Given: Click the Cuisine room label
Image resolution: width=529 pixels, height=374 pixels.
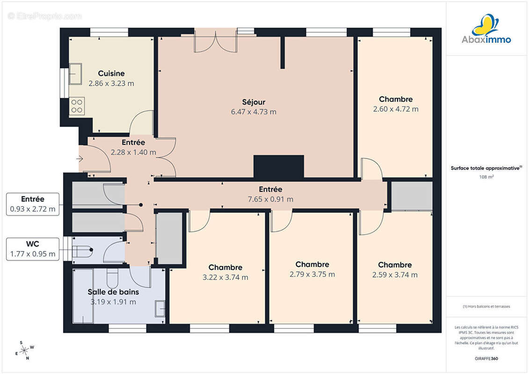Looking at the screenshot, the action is click(x=111, y=73).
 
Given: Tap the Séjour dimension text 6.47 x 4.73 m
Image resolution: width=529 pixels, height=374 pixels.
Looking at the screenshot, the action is click(x=254, y=112).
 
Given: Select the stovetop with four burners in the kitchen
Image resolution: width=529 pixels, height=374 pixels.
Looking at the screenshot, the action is click(x=77, y=106).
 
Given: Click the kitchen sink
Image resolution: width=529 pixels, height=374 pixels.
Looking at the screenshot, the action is click(x=76, y=73).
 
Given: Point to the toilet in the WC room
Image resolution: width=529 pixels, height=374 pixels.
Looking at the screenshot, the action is click(x=83, y=251).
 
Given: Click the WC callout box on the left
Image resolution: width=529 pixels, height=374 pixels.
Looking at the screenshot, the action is click(x=33, y=249).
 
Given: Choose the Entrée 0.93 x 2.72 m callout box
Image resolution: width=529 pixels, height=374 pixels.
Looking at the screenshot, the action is click(x=33, y=204).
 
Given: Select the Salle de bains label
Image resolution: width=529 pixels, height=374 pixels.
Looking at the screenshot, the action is click(x=113, y=292).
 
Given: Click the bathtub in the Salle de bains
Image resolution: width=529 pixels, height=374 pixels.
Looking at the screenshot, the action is click(x=83, y=296).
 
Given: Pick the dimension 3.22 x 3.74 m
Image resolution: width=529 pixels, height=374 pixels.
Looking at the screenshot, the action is click(x=225, y=277).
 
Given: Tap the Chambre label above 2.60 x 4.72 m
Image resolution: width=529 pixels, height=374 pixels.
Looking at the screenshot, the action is click(x=396, y=99).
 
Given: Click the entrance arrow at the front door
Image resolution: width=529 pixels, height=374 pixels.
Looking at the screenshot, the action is click(x=80, y=158).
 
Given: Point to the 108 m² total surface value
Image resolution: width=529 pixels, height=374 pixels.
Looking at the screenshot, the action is click(x=486, y=177).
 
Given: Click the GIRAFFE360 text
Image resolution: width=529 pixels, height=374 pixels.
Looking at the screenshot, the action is click(x=486, y=359).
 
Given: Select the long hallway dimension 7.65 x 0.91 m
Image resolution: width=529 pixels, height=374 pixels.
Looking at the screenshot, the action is click(x=270, y=199).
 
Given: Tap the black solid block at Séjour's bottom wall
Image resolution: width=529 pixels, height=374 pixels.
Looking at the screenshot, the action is click(x=279, y=166).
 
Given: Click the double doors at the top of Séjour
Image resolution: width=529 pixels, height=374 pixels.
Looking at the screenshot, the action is click(x=216, y=41).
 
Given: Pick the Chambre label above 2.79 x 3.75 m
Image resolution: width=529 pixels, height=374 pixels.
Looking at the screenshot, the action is click(x=312, y=265).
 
